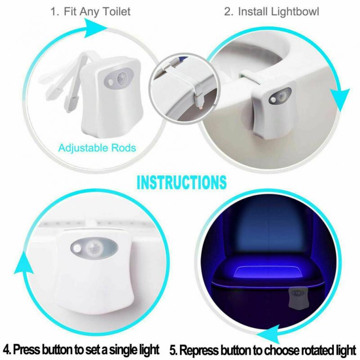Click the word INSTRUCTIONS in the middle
pyautogui.click(x=181, y=183)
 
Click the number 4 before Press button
pyautogui.click(x=7, y=349)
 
